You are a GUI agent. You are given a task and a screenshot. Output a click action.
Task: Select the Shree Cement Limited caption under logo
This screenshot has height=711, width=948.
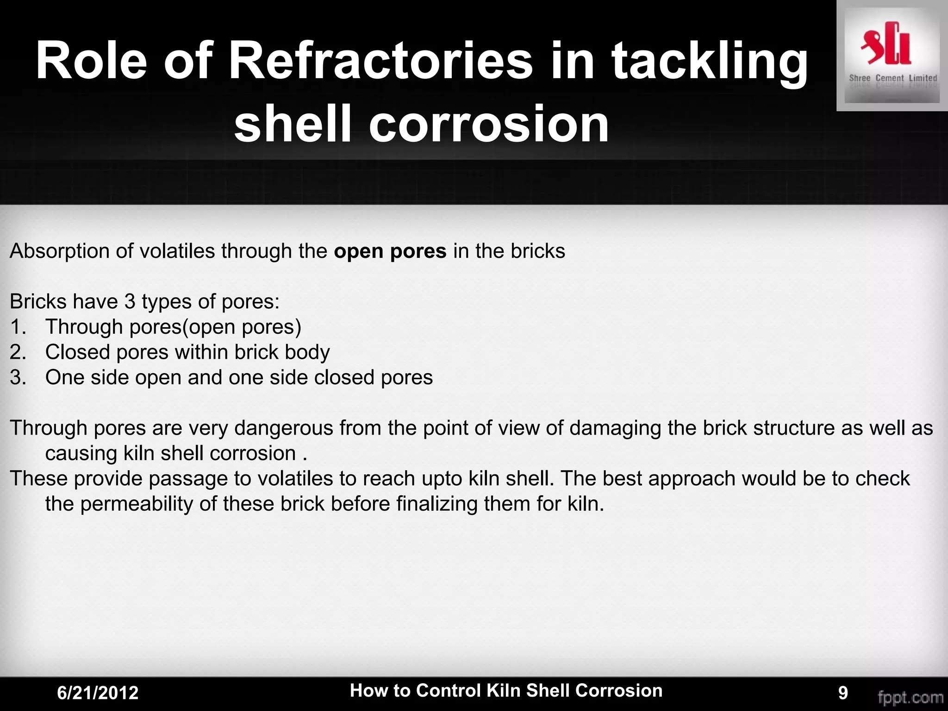(x=892, y=78)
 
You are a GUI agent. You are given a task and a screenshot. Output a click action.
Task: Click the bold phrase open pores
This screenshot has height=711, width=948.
(x=390, y=251)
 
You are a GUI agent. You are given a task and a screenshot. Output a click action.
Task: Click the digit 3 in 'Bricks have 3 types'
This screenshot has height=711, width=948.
(x=130, y=302)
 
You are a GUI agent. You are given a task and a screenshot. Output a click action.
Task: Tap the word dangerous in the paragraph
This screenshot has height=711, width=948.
(x=283, y=428)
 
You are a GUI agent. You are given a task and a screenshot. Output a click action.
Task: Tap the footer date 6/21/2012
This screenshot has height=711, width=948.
(x=98, y=693)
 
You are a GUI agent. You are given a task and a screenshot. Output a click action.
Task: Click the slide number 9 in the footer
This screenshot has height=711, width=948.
(x=843, y=693)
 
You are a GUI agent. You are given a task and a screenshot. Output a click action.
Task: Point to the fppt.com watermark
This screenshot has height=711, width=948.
(x=911, y=697)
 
